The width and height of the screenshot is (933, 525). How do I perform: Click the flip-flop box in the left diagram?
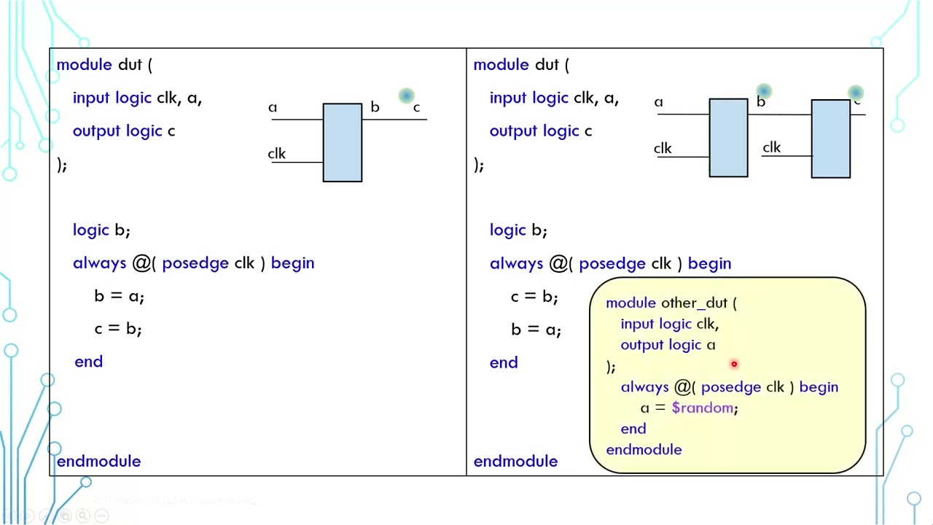pos(342,142)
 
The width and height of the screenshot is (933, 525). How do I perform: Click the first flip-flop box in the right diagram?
pos(728,138)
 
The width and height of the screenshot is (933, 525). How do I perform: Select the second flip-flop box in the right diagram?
pos(830,139)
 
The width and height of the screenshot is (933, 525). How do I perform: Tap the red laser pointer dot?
pos(734,364)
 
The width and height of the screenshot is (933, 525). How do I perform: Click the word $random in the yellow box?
pos(702,408)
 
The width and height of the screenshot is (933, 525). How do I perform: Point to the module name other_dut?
pos(694,303)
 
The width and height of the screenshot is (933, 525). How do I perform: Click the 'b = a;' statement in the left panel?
pos(119,296)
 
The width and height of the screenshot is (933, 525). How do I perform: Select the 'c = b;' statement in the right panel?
pos(534,296)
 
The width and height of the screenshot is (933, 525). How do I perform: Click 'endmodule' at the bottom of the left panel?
pos(98,461)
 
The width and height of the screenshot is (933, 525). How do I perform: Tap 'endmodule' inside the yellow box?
pos(644,450)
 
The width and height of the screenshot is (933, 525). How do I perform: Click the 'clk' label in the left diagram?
pos(277,154)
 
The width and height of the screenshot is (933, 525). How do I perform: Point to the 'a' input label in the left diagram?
pos(273,108)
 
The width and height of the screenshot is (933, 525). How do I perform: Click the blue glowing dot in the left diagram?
pos(406,96)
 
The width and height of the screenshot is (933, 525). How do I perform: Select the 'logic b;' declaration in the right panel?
pos(518,230)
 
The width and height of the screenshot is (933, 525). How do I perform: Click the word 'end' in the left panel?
pos(88,362)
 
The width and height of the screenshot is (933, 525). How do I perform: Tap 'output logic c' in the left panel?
pos(124,131)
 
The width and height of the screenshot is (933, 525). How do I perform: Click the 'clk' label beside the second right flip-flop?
pos(771,148)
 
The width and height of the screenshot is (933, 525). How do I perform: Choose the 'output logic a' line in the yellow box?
pos(668,345)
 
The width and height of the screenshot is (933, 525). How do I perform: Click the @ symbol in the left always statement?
pos(141,263)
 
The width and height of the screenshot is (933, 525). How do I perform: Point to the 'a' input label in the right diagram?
pos(658,103)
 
